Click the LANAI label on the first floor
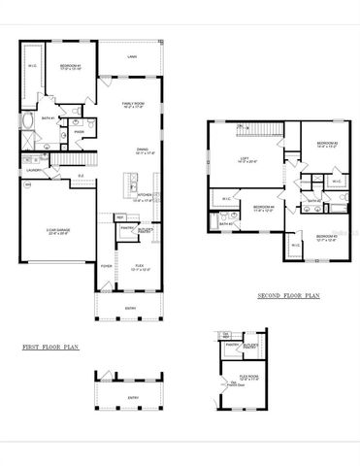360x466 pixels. (131, 57)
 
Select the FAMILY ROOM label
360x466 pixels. (134, 103)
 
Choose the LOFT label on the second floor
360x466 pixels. (245, 161)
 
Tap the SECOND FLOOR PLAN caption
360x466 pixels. (289, 296)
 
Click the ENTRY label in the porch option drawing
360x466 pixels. (133, 398)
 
